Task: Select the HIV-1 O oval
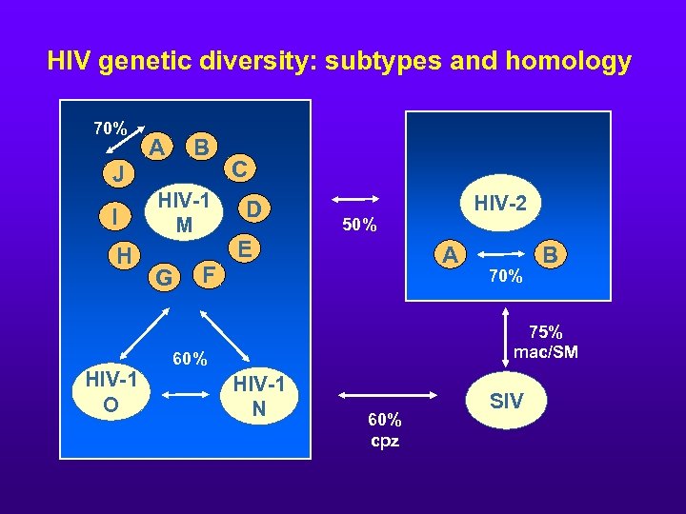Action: [111, 392]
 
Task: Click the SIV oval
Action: [506, 401]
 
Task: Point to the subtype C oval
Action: [241, 169]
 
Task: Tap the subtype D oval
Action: [252, 208]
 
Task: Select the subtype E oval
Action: [245, 249]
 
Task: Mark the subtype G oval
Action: [165, 279]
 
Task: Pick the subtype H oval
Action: [123, 255]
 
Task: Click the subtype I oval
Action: [115, 217]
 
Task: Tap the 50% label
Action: [359, 226]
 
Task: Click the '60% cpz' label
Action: [384, 430]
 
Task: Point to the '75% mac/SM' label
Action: [545, 342]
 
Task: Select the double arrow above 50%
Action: [355, 200]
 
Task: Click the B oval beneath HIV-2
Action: [550, 254]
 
